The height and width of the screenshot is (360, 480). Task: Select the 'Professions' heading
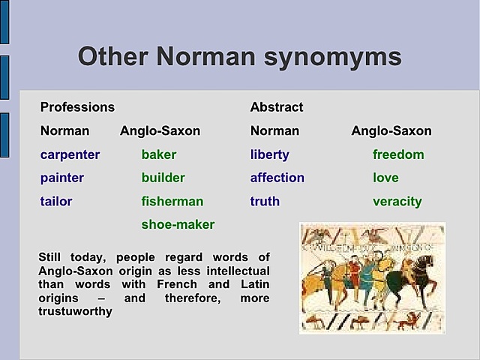tap(77, 107)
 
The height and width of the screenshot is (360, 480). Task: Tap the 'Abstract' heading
tap(277, 107)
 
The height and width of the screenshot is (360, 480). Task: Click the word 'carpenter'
tap(70, 154)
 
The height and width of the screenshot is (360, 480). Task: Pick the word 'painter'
tap(62, 178)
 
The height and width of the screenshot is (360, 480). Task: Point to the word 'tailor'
tap(56, 201)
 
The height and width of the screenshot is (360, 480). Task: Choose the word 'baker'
tap(159, 154)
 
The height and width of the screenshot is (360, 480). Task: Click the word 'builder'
tap(163, 178)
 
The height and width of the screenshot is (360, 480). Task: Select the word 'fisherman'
tap(172, 201)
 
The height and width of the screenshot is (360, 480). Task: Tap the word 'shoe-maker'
tap(178, 224)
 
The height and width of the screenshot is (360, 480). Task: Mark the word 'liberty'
tap(270, 154)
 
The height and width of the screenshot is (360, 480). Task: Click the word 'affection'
tap(277, 178)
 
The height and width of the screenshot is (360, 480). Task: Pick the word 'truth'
tap(265, 201)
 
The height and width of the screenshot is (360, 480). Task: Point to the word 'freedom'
tap(398, 154)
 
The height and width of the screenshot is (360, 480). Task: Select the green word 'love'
tap(385, 178)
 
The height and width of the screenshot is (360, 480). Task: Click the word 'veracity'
tap(397, 201)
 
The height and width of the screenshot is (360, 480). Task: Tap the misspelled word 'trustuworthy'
tap(75, 311)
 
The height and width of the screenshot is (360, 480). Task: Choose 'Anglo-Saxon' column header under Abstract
tap(391, 130)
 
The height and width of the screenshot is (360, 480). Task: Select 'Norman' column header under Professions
tap(64, 130)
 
